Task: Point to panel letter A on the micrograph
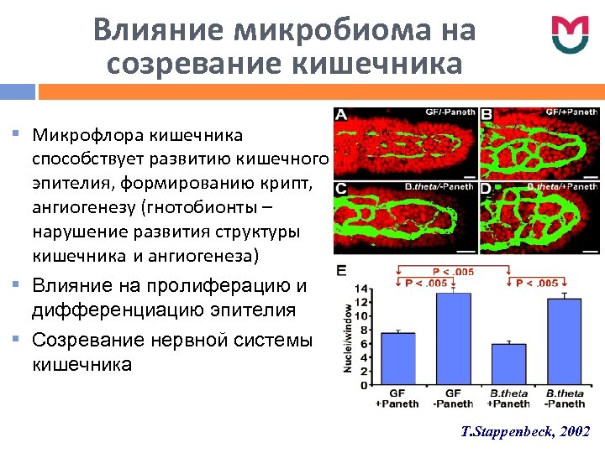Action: (x=342, y=115)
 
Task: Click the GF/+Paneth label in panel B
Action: (x=571, y=112)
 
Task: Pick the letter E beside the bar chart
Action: (x=340, y=270)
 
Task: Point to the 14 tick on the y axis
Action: (x=360, y=289)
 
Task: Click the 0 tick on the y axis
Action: (x=363, y=385)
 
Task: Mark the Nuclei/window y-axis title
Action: (x=345, y=335)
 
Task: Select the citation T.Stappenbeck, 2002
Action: (x=526, y=431)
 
